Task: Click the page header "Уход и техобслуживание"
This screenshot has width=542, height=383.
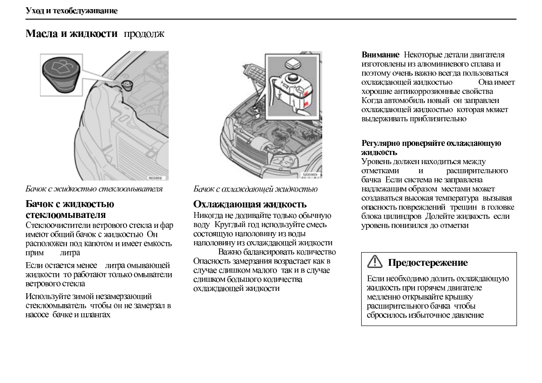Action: pos(72,11)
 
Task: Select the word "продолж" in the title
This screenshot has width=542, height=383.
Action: pos(144,34)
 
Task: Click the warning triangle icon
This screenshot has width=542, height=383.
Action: pos(374,262)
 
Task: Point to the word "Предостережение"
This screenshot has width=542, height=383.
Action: pos(428,263)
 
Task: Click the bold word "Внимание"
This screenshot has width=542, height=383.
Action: pos(380,55)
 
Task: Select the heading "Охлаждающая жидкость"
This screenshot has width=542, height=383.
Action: pos(250,204)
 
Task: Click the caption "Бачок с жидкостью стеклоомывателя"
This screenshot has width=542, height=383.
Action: pos(94,189)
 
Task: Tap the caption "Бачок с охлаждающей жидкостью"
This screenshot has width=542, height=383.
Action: pos(256,189)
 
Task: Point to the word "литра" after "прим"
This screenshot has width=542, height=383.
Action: pos(70,252)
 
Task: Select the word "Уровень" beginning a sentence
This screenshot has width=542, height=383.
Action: pos(375,161)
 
